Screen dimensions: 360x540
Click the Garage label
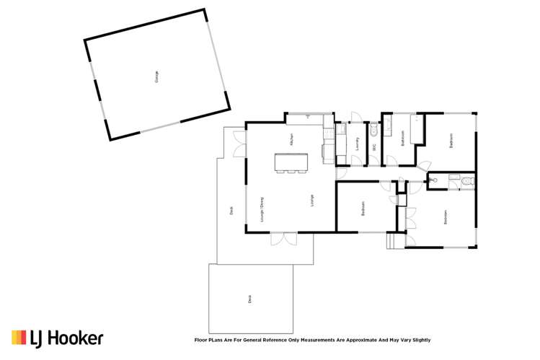tap(156, 77)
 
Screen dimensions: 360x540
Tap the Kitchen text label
tap(291, 141)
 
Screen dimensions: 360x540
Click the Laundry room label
tap(358, 144)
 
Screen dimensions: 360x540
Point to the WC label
tap(374, 147)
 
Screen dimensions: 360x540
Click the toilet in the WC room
tap(373, 131)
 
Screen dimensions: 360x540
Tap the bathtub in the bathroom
tap(416, 132)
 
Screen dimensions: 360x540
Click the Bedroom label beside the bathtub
tap(451, 141)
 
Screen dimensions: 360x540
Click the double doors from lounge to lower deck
tap(283, 238)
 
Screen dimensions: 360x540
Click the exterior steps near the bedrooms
tap(394, 242)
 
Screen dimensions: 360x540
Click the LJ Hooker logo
tap(57, 338)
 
